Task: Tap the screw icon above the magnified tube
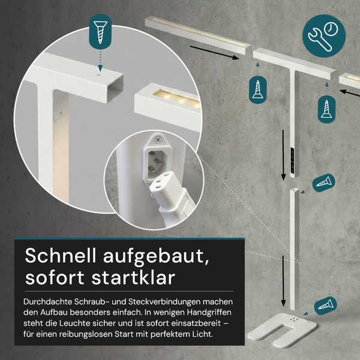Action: tap(100, 32)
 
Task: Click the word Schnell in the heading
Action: tap(58, 256)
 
